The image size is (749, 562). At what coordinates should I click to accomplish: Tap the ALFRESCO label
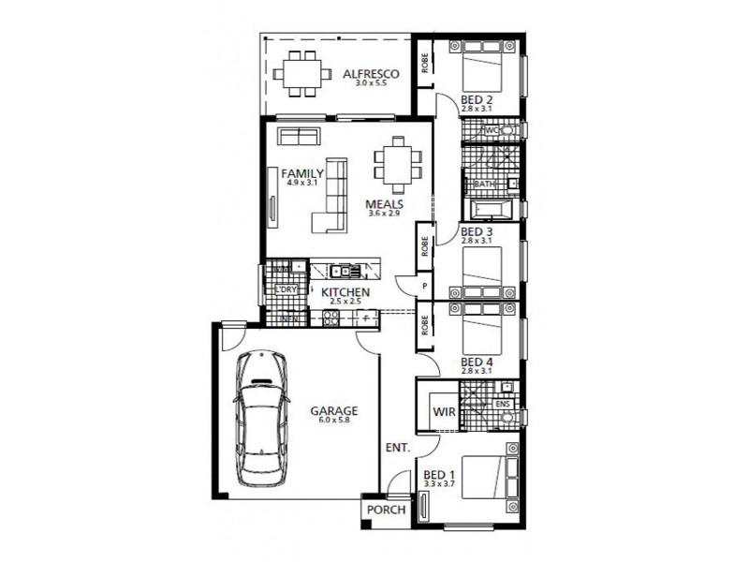coord(371,73)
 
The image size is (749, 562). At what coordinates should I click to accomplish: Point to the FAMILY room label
coord(302,173)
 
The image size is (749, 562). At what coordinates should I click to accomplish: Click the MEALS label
coord(385,203)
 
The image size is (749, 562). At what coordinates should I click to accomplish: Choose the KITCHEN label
coord(346,292)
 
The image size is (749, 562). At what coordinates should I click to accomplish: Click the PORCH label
coord(386,510)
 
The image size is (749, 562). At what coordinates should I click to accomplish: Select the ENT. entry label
coord(397,449)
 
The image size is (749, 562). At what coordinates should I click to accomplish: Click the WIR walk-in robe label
coord(443,410)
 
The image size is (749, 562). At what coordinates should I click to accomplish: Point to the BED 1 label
coord(438,475)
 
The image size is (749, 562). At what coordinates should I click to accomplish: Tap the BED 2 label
coord(477,99)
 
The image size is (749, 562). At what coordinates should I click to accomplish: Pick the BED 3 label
coord(477,231)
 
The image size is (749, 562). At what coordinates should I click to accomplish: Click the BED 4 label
coord(477,362)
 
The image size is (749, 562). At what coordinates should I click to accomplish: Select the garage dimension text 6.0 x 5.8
coord(332,420)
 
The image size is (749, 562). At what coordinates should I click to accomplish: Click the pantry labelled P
coord(425,286)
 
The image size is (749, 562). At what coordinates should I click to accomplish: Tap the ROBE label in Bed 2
coord(425,64)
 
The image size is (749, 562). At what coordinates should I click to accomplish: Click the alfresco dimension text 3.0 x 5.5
coord(371,83)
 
